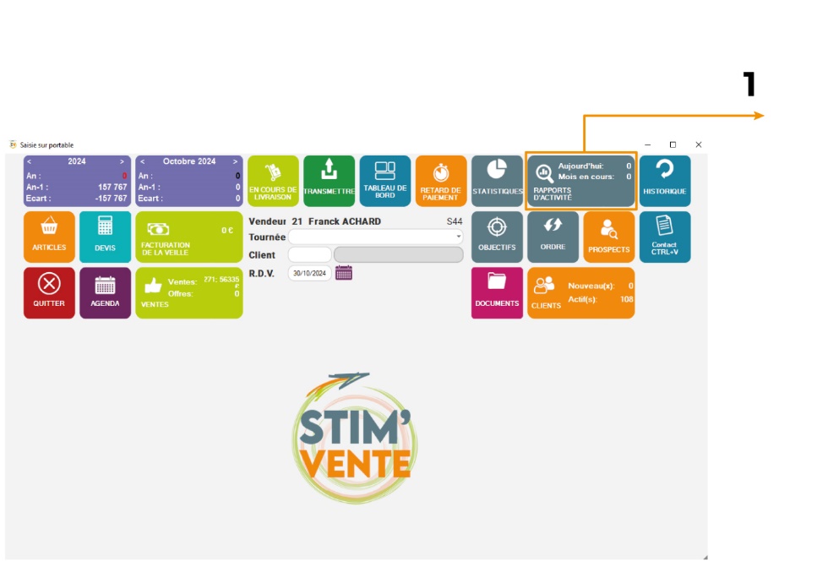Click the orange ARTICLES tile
[x=49, y=237]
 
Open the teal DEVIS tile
[x=105, y=237]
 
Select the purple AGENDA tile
[x=105, y=292]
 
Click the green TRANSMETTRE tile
[x=329, y=181]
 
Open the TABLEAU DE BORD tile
[x=385, y=181]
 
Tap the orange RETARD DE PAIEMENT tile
[x=440, y=181]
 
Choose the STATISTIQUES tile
[x=497, y=181]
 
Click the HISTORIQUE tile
[x=665, y=181]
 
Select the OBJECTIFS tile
[x=497, y=237]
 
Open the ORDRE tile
[x=553, y=237]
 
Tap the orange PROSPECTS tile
[x=608, y=237]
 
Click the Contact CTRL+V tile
[x=665, y=237]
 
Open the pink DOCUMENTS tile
[x=497, y=292]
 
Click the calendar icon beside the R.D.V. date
[x=344, y=272]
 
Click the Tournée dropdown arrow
[x=459, y=237]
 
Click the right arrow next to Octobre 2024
[x=235, y=161]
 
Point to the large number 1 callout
[x=749, y=85]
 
